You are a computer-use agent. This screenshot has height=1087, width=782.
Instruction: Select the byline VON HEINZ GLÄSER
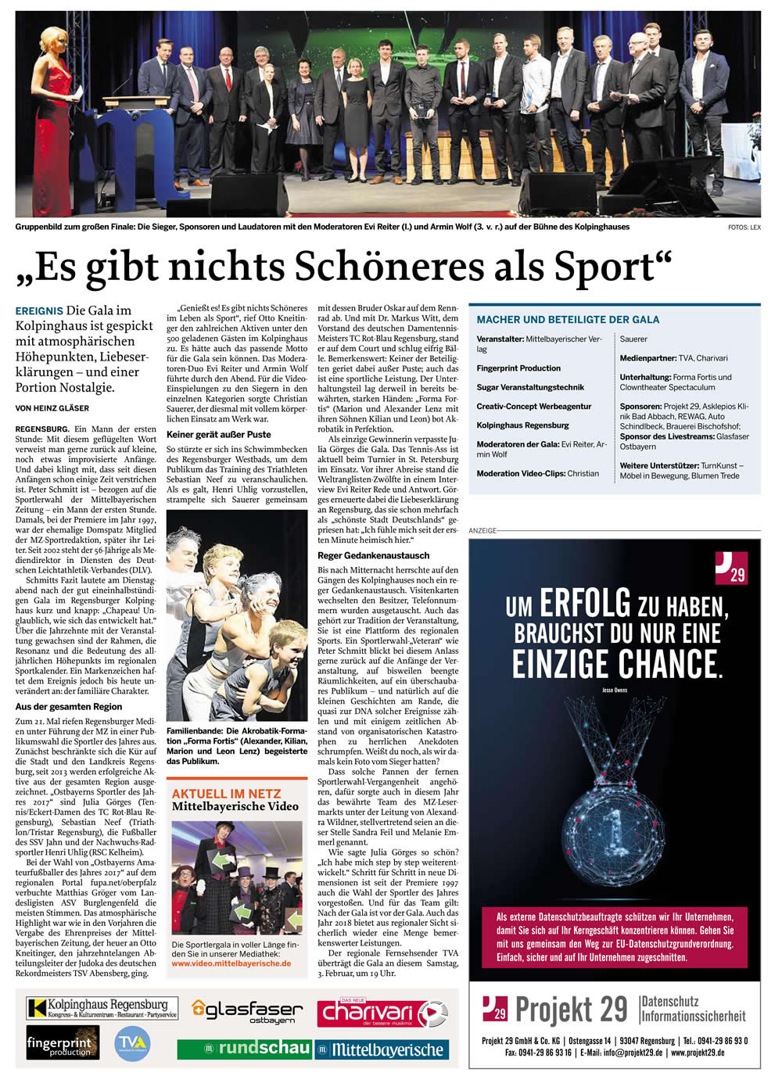pyautogui.click(x=52, y=408)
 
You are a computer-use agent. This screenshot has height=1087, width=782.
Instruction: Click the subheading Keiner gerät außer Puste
pyautogui.click(x=219, y=435)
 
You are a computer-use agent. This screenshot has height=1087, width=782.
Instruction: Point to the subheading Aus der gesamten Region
pyautogui.click(x=69, y=707)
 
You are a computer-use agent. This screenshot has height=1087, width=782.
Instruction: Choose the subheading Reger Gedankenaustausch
pyautogui.click(x=374, y=556)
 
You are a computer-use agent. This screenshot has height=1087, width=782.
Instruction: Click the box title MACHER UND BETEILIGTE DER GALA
pyautogui.click(x=568, y=320)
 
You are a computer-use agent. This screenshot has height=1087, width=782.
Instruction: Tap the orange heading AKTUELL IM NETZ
pyautogui.click(x=226, y=793)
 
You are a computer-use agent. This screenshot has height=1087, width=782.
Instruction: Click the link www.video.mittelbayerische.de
pyautogui.click(x=231, y=963)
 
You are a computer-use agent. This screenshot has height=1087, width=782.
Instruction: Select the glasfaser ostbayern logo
pyautogui.click(x=247, y=1011)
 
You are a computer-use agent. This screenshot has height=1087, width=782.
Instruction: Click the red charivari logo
pyautogui.click(x=382, y=1013)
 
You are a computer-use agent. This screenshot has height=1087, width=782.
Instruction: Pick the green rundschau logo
pyautogui.click(x=244, y=1049)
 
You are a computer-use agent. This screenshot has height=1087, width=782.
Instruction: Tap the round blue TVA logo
pyautogui.click(x=131, y=1044)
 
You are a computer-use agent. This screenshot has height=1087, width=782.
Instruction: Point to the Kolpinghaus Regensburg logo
pyautogui.click(x=102, y=1008)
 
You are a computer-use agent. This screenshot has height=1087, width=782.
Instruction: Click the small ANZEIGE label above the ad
pyautogui.click(x=482, y=531)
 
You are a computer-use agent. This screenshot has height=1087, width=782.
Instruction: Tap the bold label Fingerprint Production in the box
pyautogui.click(x=518, y=368)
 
